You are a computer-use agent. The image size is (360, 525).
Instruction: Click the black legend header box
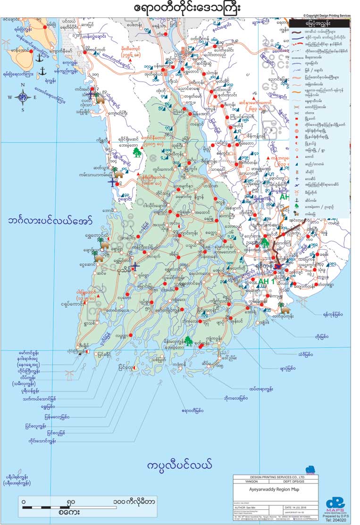click(x=320, y=23)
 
